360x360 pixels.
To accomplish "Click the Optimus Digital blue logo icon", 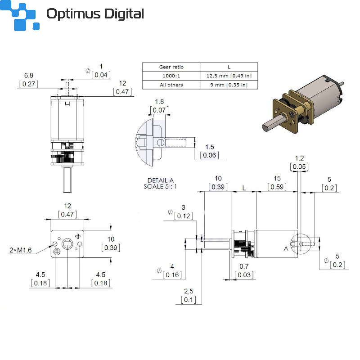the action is [19, 15].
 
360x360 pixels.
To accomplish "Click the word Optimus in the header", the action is [73, 14].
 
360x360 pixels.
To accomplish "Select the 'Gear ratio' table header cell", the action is [171, 67].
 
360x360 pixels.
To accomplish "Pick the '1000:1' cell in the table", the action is [171, 76].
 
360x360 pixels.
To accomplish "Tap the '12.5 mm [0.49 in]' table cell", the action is [229, 76].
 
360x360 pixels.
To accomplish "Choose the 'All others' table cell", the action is [171, 85].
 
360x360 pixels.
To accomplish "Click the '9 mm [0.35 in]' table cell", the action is [229, 85].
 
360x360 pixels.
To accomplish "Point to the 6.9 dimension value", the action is [29, 75].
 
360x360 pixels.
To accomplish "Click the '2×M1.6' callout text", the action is [20, 250].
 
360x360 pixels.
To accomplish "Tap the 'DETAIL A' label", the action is [161, 180].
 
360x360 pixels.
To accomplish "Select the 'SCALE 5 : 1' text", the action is [160, 186].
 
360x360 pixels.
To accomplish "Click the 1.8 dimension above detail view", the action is [159, 102].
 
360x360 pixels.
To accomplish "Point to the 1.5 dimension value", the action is [209, 147].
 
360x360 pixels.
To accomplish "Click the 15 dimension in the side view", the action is [277, 178].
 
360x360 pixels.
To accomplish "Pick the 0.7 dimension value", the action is [244, 266].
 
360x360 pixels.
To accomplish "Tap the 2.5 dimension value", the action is [189, 291].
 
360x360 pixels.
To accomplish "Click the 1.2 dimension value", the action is [299, 158].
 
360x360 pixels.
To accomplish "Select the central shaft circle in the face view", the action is [67, 244].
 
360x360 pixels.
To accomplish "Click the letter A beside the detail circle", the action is [286, 248].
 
